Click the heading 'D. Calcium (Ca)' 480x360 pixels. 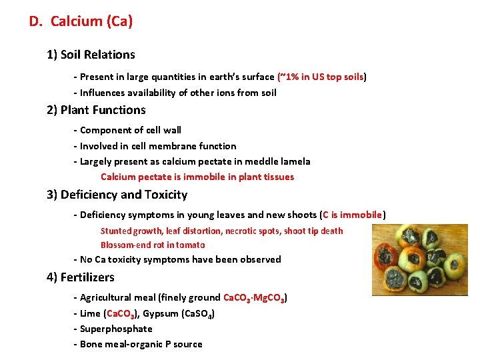tap(81, 21)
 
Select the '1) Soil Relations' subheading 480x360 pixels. tap(91, 55)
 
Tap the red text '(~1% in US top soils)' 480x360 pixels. tap(322, 77)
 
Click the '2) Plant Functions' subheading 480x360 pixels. tap(96, 110)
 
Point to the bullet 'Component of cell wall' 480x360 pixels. tap(130, 130)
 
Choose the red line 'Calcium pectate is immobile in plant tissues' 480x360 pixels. tap(197, 177)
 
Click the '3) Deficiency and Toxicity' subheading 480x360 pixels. tap(117, 195)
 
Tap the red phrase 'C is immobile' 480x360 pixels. tap(353, 215)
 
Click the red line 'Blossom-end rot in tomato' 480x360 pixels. tap(153, 245)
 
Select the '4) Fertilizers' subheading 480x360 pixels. tap(81, 277)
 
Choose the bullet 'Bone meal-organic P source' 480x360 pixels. tap(141, 344)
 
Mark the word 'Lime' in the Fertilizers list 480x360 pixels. tap(90, 313)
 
